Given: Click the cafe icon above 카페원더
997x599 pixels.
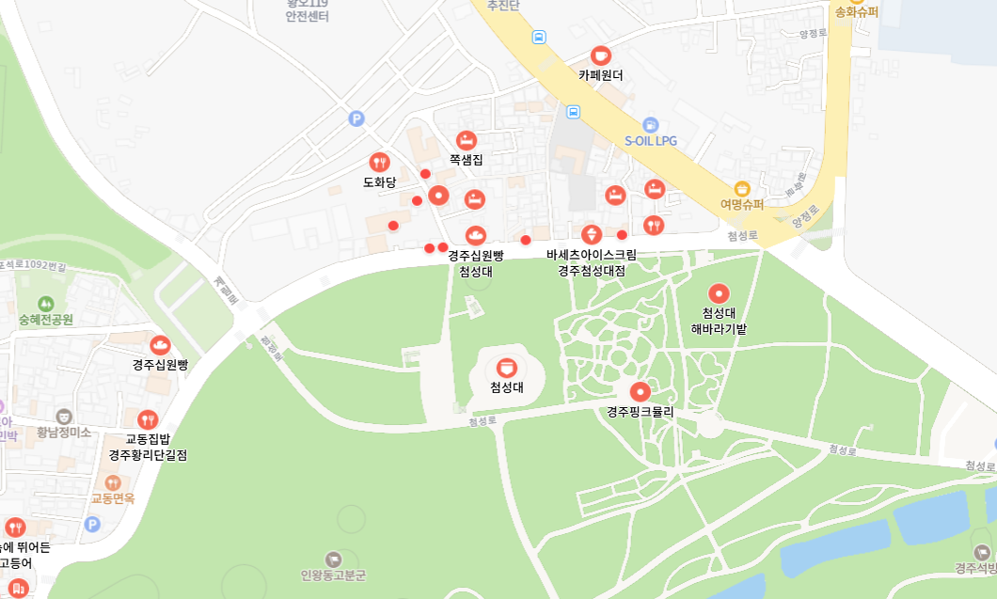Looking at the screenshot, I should coord(600,55).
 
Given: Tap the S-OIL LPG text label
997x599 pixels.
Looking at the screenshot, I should coord(651,141).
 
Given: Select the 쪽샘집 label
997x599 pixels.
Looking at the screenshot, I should coord(466,160).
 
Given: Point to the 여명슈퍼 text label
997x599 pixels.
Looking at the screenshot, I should coord(741,204).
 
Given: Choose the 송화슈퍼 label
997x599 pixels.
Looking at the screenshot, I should coord(856,12).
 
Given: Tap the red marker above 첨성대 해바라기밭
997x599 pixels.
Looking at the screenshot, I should coord(719,293).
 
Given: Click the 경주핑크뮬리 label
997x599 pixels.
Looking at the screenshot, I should coord(641,412).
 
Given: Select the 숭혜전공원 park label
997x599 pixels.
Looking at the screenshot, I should coord(39,320).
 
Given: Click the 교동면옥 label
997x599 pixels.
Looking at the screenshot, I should coord(113,498).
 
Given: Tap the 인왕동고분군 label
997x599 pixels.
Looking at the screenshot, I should coord(333,575).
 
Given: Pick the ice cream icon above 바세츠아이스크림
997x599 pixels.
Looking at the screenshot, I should coord(592,234).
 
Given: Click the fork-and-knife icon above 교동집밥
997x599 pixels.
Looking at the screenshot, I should coord(148,419).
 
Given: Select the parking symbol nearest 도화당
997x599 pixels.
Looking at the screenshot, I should coord(356,118).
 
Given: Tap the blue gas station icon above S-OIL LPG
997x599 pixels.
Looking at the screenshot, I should coord(650,124).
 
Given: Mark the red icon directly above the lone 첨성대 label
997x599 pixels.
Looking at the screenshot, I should coord(507,367).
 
